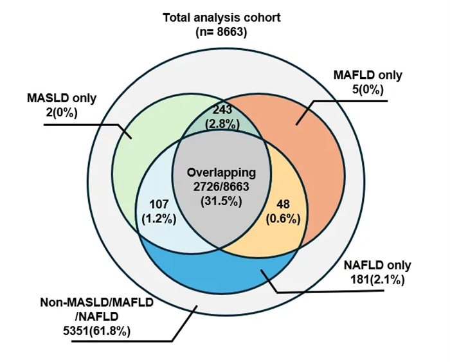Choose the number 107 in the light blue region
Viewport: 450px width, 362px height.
(x=158, y=204)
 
